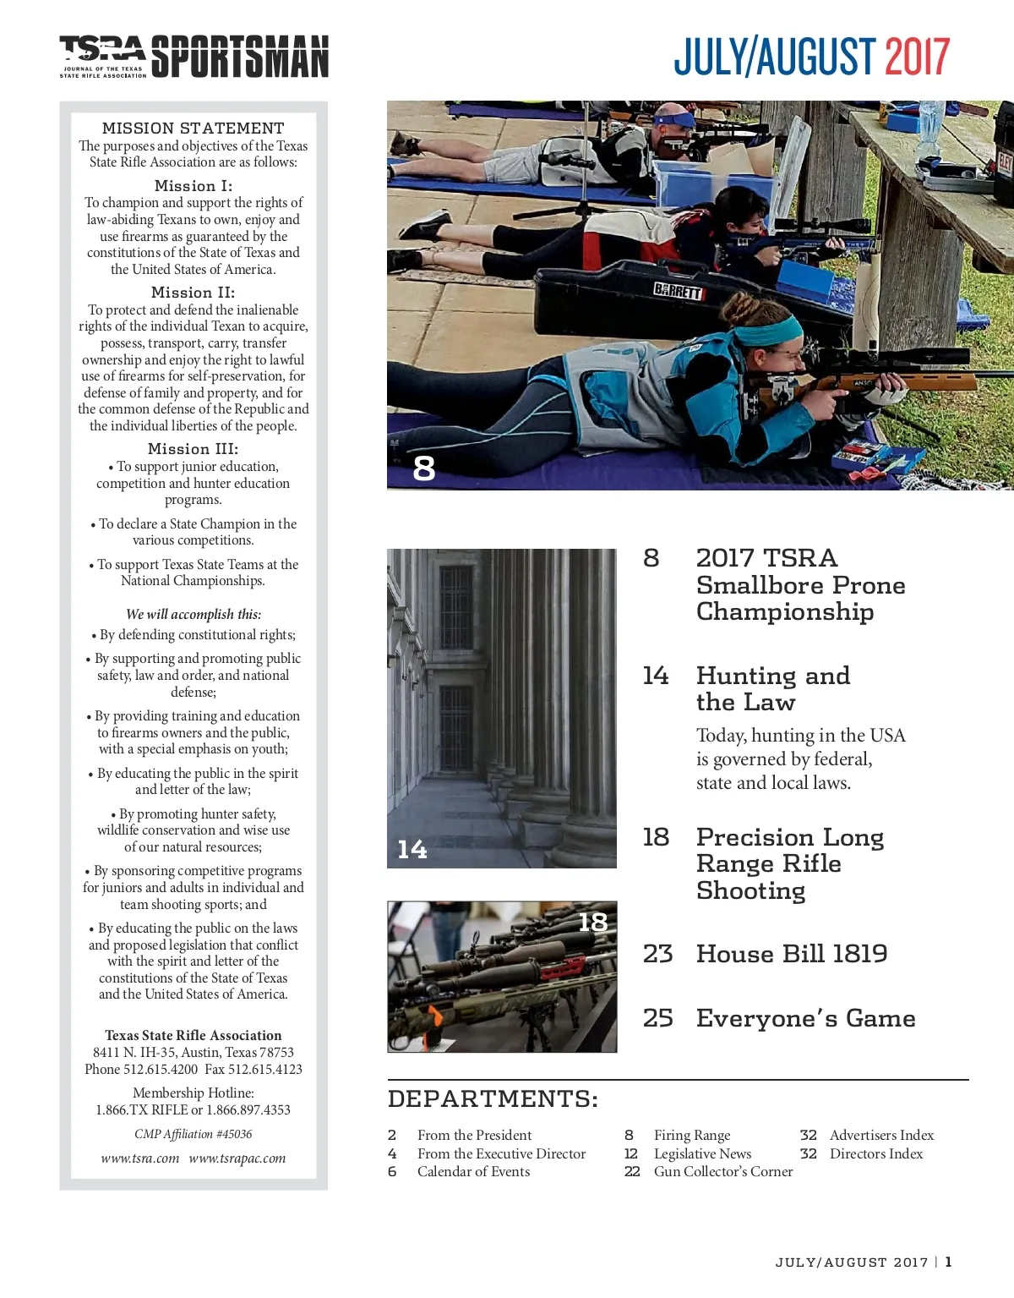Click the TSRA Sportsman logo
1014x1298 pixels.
tap(194, 57)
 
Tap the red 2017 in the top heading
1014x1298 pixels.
tap(917, 57)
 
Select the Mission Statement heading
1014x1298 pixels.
tap(193, 129)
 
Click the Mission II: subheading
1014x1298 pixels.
tap(193, 293)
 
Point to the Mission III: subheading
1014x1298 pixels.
tap(193, 449)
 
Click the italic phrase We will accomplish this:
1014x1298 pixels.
tap(193, 615)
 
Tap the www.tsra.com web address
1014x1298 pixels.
tap(139, 1158)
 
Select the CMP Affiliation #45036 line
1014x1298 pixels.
tap(193, 1134)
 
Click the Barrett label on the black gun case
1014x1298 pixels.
tap(678, 291)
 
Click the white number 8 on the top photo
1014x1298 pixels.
tap(423, 468)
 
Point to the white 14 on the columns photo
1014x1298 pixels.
tap(412, 849)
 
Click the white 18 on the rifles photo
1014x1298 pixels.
tap(592, 922)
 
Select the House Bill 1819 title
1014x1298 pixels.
tap(792, 954)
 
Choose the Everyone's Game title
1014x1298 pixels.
tap(805, 1018)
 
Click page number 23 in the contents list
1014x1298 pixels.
tap(657, 954)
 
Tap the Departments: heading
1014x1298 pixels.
tap(493, 1098)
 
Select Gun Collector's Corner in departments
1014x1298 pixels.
tap(722, 1172)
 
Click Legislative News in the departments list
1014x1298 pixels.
tap(702, 1153)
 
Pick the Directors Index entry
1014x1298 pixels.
tap(875, 1153)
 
